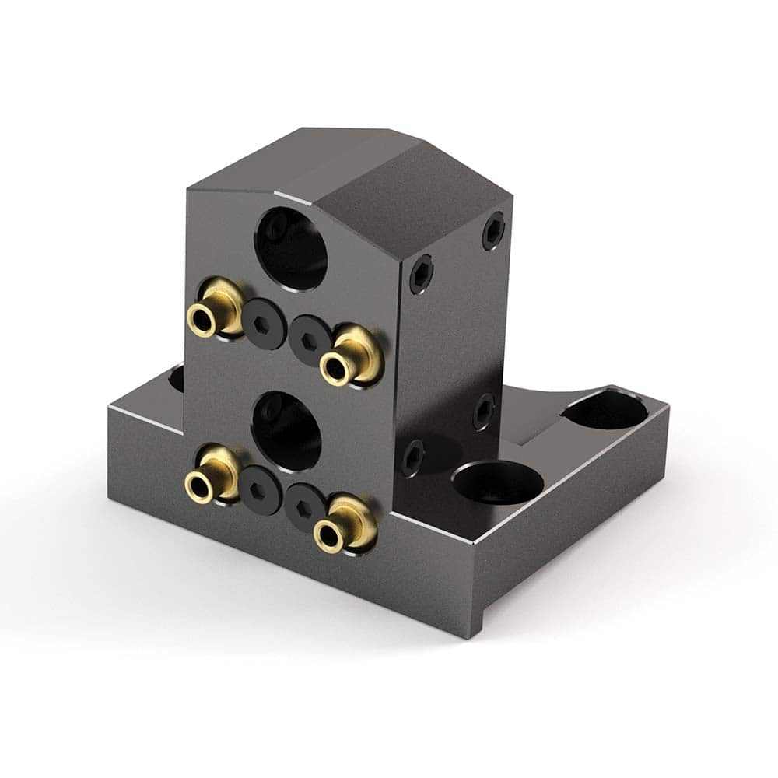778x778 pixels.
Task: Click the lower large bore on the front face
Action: click(286, 430)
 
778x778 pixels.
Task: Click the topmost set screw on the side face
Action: click(492, 230)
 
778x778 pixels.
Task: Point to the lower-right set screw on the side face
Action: click(483, 410)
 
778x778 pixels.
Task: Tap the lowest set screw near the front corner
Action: click(412, 457)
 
